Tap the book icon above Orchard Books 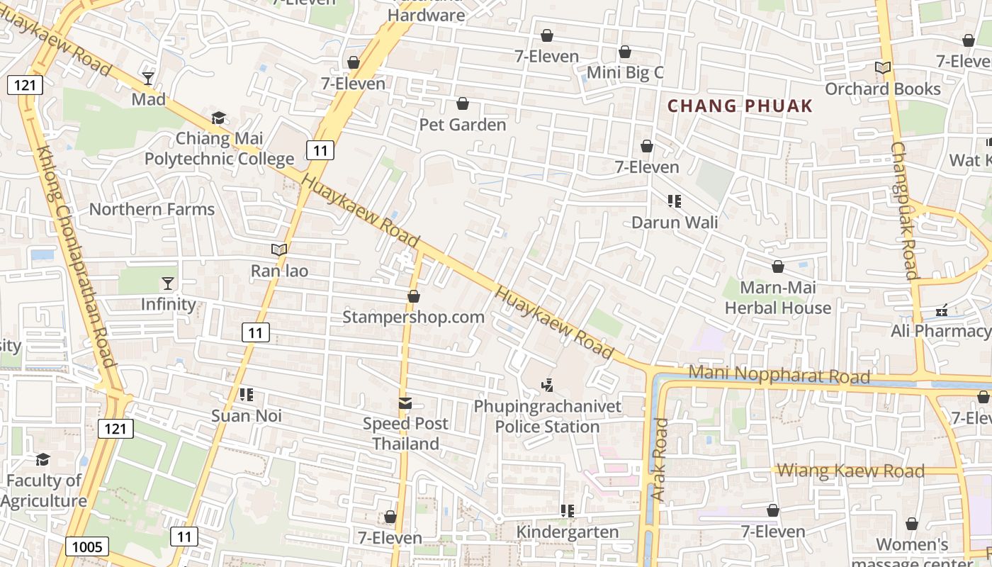(882, 68)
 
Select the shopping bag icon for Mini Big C (624, 52)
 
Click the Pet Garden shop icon (463, 104)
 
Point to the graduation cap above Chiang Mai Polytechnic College (218, 118)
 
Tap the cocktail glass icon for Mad (148, 78)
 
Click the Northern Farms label (152, 209)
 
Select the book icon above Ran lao (279, 249)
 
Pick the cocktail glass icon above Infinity (167, 283)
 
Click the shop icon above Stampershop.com (414, 296)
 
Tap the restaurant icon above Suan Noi (247, 395)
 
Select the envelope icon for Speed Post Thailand (405, 403)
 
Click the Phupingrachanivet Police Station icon (547, 386)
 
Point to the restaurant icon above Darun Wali (675, 201)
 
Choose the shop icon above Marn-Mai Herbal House (777, 266)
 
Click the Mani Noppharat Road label (779, 374)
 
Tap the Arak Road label (660, 460)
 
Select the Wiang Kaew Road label (851, 471)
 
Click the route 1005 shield (88, 546)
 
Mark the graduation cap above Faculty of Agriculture (43, 460)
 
